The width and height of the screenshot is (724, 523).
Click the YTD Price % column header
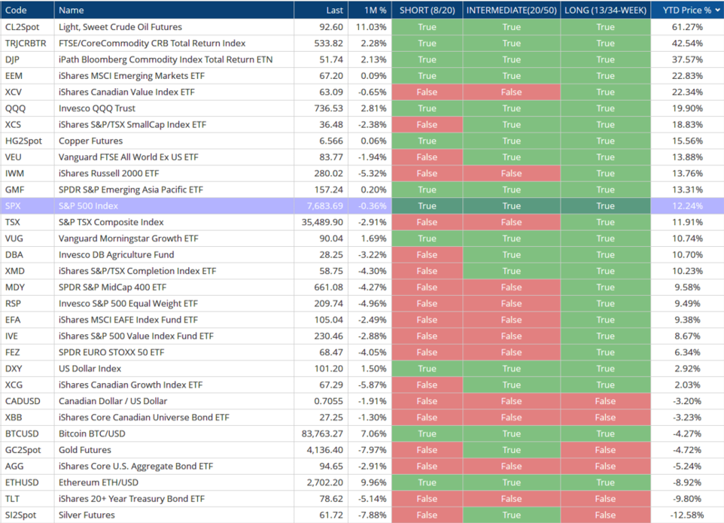click(686, 10)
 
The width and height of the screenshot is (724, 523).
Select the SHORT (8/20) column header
click(427, 10)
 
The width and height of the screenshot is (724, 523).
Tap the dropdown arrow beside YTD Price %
click(717, 10)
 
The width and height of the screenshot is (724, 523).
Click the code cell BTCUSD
click(22, 433)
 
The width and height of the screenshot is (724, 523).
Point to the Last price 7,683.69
click(324, 206)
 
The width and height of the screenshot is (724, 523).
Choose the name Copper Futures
click(90, 141)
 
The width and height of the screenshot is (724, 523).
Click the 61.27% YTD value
click(687, 27)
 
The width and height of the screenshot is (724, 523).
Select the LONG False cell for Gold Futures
click(605, 449)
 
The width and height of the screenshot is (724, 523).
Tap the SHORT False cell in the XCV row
click(427, 92)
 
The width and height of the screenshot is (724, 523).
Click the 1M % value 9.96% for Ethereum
click(372, 482)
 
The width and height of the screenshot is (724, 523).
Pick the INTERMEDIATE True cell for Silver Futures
click(512, 515)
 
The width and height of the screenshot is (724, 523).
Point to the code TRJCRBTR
click(26, 43)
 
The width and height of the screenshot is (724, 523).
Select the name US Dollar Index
click(90, 369)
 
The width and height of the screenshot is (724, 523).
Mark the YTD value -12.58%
click(687, 515)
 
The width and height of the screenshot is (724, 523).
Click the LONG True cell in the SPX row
click(605, 206)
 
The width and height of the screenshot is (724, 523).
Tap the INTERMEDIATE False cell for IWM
click(512, 173)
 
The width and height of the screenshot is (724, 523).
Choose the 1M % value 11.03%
click(371, 27)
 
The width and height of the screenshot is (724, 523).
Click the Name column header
click(71, 10)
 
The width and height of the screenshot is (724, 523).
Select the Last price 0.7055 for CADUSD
click(328, 400)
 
